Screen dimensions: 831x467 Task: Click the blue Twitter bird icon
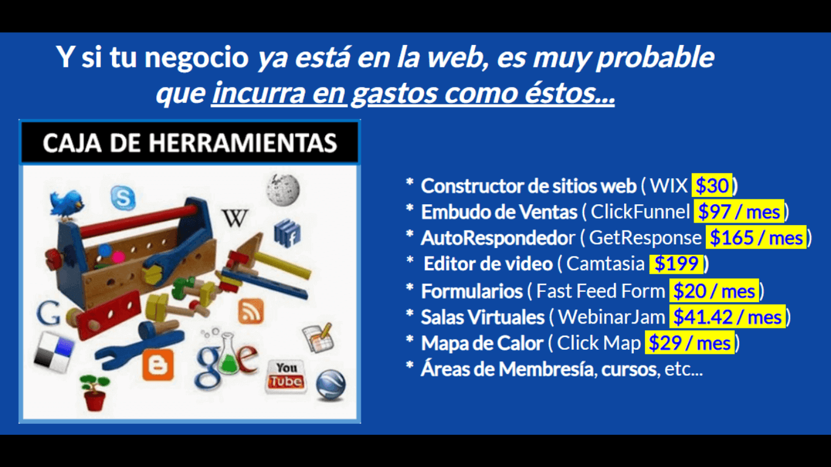coord(67,205)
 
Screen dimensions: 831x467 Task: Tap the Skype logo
coord(123,198)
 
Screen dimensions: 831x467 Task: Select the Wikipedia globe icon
coord(283,190)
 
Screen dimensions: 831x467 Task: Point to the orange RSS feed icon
coord(251,311)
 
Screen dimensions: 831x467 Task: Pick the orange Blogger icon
coord(158,365)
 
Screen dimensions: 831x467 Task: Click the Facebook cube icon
coord(287,233)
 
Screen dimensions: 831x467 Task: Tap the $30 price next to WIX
coord(712,185)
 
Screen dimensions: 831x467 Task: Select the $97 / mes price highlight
coord(739,212)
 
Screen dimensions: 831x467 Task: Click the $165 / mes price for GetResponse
coord(756,237)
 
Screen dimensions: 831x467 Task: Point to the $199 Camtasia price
coord(676,264)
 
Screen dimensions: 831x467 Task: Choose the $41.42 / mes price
coord(727,317)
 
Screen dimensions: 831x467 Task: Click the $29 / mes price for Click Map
coord(690,343)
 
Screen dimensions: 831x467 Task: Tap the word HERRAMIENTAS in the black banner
coord(243,143)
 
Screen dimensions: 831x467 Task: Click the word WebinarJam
coord(611,317)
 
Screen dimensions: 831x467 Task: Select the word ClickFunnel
coord(640,212)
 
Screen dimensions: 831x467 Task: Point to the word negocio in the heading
coord(196,58)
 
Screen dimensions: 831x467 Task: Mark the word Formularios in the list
coord(471,291)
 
